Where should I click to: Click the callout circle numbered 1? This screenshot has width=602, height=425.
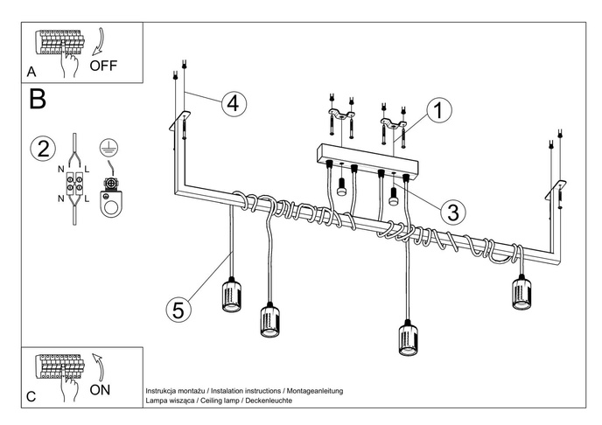[x=440, y=110]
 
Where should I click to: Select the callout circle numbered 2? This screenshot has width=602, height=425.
[x=39, y=149]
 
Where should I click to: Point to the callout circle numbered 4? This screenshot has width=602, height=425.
[x=231, y=102]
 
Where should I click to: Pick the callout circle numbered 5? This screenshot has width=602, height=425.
[x=178, y=309]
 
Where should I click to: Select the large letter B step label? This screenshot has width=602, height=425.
[x=38, y=99]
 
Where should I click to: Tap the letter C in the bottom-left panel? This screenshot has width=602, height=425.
[x=31, y=397]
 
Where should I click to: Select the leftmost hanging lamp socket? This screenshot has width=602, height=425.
[x=230, y=296]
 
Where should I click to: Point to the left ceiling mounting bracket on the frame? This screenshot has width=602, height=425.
[x=181, y=119]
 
